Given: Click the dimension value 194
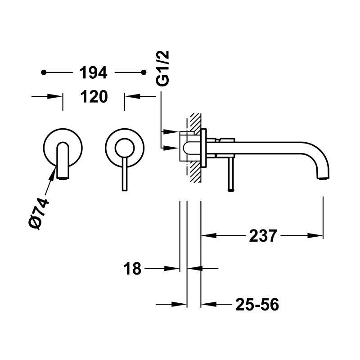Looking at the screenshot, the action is pos(93,72).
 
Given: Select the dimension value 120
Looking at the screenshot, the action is pos(93,96).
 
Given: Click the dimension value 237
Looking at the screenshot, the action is pos(262,235).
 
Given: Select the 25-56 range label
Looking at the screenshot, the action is pos(257,305).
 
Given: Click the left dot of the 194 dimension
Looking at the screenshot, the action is pos(44,72).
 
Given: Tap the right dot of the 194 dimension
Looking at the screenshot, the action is pos(144,72).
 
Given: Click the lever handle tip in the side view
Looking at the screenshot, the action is pos(231,190).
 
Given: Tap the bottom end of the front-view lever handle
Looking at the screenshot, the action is pos(124,189).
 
